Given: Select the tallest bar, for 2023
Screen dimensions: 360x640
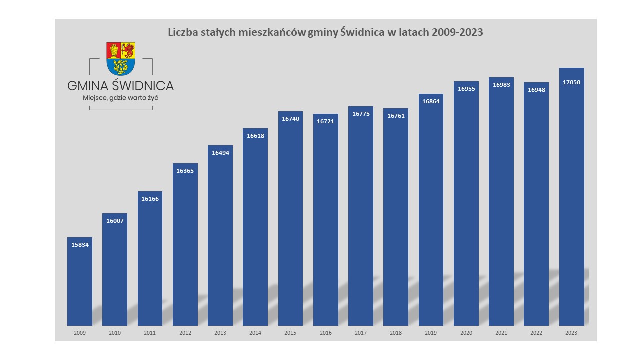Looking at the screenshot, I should [x=571, y=200].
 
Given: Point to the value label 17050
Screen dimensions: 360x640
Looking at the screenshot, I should [x=571, y=82].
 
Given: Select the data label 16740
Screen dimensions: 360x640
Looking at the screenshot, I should [x=290, y=119].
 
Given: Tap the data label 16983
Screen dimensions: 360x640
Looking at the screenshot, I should [x=501, y=85].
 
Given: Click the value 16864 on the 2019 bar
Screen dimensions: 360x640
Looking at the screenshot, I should [x=431, y=101].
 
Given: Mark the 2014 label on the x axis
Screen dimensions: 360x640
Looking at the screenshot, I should [x=255, y=333].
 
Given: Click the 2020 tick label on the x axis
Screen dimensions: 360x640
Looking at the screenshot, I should [x=466, y=333].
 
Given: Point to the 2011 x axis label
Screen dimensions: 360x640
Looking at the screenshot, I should [x=150, y=333].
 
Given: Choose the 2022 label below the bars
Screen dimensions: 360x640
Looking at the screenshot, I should [x=536, y=333].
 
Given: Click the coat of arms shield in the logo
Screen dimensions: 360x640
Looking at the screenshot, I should [x=121, y=58].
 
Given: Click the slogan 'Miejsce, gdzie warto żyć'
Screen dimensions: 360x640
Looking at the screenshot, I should [x=120, y=98].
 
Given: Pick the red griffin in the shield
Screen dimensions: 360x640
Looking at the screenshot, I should [x=128, y=50].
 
